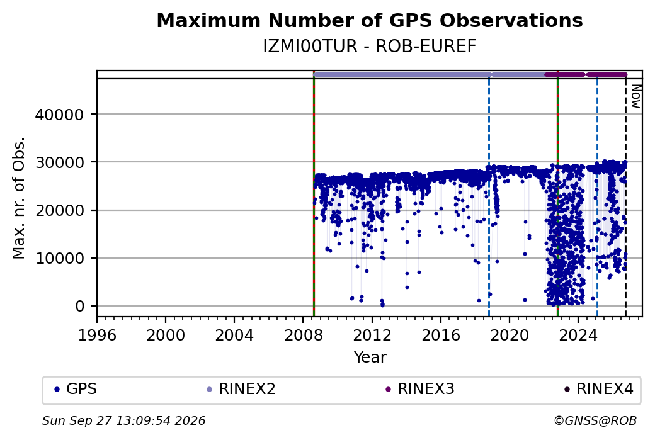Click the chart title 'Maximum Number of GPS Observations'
370,20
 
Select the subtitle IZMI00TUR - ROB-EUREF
370,47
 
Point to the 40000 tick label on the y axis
59,115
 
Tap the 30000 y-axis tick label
59,162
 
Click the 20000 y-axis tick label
59,210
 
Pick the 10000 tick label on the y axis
59,259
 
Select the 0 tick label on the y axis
80,307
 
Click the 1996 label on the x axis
97,335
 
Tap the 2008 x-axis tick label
304,335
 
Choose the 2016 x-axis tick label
441,335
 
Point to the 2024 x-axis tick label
578,335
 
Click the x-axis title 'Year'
370,358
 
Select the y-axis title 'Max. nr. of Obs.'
19,198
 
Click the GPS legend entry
76,389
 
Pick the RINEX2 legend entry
241,389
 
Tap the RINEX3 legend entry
420,389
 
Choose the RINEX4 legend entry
598,389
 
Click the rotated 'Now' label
635,96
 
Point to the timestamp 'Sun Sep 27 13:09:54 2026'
123,420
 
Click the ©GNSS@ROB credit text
595,420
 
